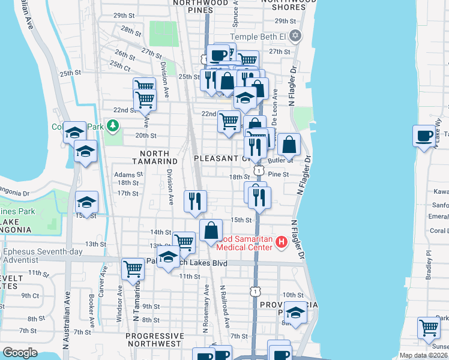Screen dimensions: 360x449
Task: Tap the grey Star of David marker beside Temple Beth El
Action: (294, 37)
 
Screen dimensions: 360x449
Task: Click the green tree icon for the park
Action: (112, 125)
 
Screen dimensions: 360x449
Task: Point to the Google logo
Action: (20, 353)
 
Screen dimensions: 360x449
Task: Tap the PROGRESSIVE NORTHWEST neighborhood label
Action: (155, 340)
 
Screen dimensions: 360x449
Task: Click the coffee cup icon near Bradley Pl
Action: (424, 136)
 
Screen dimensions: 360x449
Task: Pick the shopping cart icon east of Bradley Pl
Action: (429, 328)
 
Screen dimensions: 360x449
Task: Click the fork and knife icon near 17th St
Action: (195, 202)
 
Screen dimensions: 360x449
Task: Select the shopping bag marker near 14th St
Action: (211, 230)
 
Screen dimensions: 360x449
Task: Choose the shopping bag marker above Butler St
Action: (289, 144)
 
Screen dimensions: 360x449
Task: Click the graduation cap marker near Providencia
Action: (295, 313)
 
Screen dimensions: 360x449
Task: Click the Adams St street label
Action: (127, 175)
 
